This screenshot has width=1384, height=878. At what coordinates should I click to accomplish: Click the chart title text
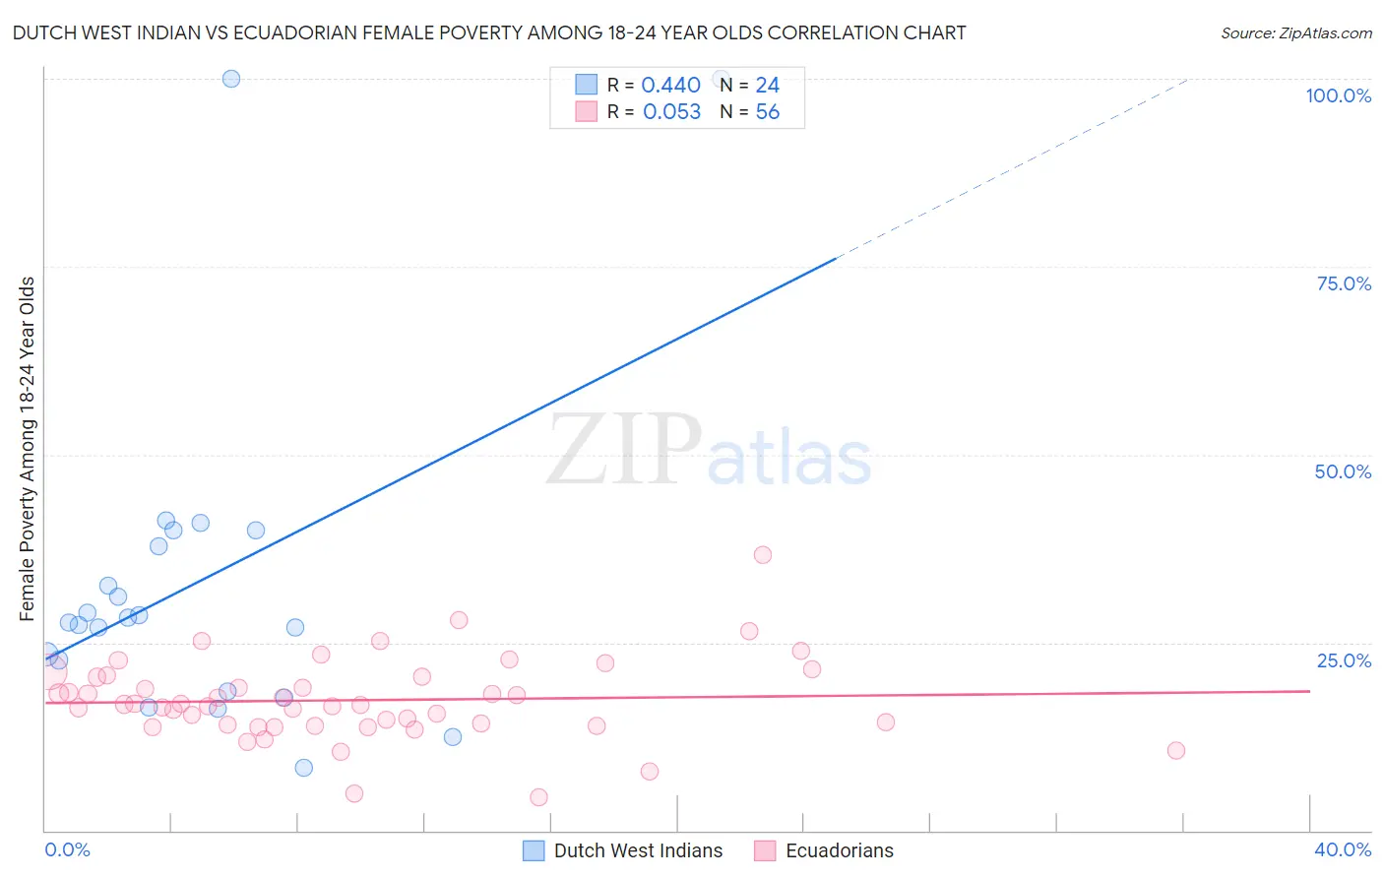coord(489,32)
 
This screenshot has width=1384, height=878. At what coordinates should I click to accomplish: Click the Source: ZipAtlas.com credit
coord(1295,32)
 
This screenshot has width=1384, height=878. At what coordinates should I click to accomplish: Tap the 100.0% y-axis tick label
coord(1338,95)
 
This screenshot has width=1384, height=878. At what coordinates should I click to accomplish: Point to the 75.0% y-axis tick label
coord(1344,283)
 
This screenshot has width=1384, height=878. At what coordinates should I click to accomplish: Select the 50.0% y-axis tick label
coord(1343,471)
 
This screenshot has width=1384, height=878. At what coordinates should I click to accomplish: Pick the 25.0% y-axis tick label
coord(1344,659)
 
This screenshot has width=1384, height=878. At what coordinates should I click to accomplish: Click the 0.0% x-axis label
coord(67,849)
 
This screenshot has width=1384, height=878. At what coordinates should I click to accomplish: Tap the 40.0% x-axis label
coord(1342,849)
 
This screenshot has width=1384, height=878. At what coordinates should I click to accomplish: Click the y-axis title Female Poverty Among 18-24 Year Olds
coord(28,449)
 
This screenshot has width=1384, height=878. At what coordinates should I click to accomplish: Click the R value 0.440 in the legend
coord(670,86)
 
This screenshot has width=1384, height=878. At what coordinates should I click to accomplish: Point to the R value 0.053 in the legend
coord(671,112)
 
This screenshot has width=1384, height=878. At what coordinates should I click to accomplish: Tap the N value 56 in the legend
coord(767,112)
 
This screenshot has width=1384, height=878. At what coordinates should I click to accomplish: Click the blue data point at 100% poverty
coord(231,79)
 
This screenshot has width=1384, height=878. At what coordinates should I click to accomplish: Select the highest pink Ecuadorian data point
coord(762,555)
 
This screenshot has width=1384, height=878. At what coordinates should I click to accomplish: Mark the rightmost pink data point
coord(1175,751)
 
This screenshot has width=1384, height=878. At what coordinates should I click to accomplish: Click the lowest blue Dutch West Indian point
coord(304,768)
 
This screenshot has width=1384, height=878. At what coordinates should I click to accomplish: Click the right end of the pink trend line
coord(1309,691)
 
